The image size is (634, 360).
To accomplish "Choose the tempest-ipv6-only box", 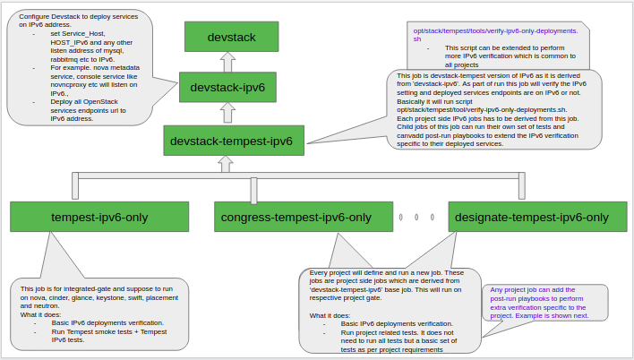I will pos(99,217).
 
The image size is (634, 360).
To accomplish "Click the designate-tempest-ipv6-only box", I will pos(532,217).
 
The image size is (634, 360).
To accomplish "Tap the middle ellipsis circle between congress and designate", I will pos(416,217).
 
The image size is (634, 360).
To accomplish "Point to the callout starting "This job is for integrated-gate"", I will pos(99,313).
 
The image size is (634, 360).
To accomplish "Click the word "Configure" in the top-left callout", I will pos(35,17).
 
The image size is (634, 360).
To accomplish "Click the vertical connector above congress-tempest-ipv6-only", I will pos(254,189).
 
